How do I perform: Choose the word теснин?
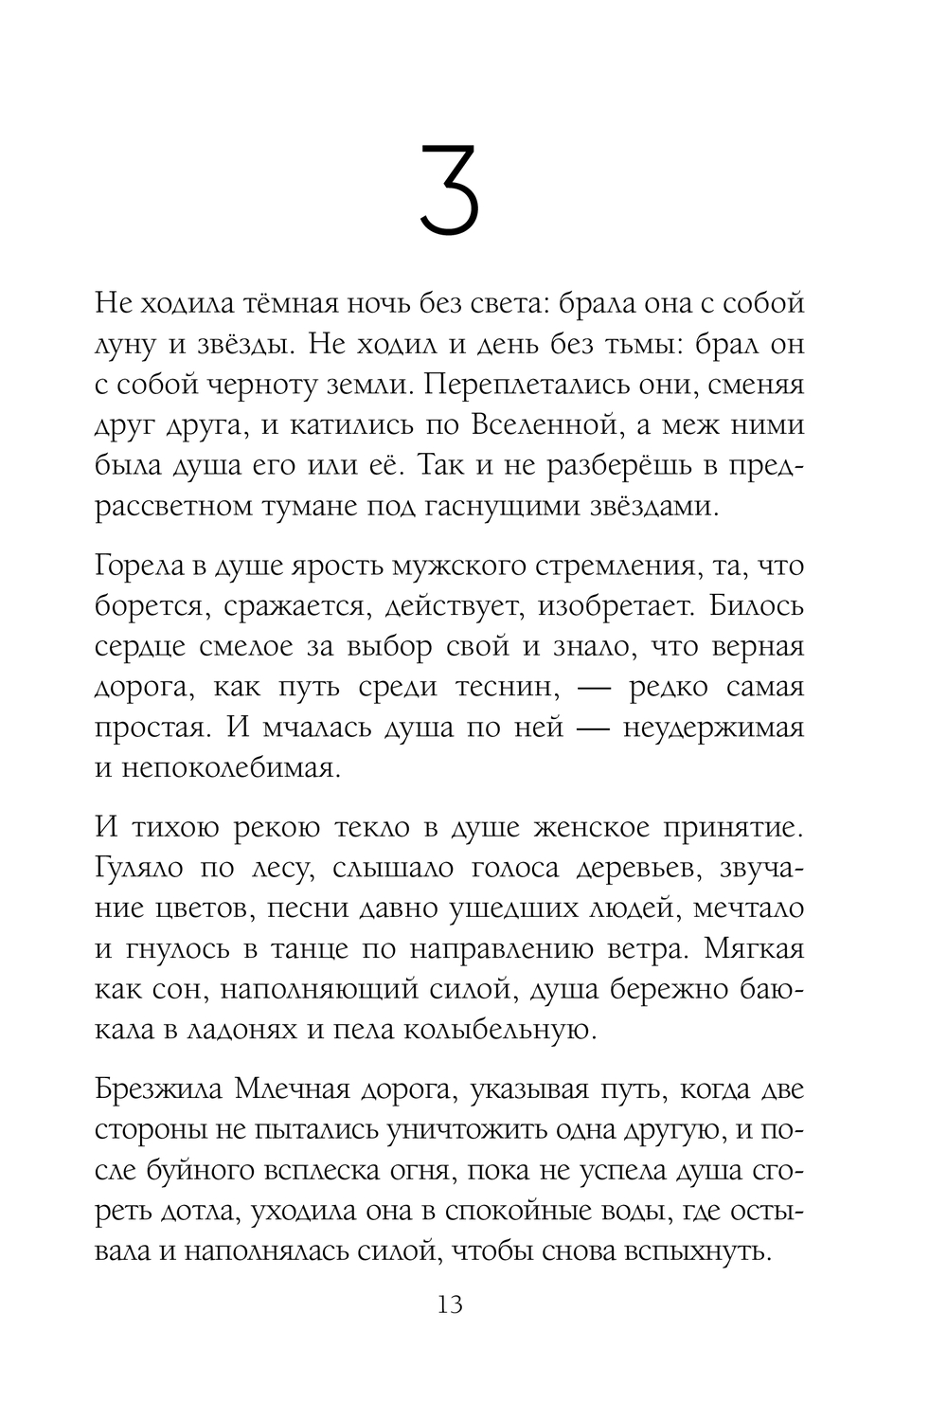(501, 687)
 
